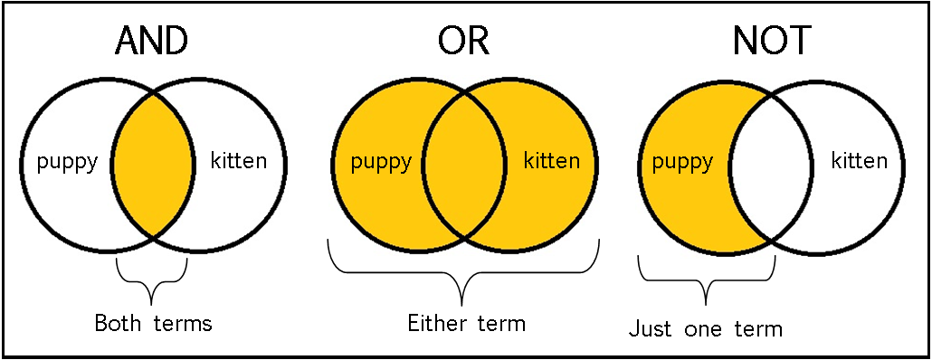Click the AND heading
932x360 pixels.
point(153,41)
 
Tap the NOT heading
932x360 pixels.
point(771,41)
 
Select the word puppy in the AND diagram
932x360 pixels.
point(66,163)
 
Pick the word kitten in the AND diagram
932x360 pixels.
point(238,162)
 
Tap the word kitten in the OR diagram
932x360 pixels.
point(552,162)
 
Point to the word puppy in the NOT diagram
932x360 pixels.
point(683,163)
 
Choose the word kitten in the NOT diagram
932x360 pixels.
point(860,162)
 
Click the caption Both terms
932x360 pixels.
point(153,323)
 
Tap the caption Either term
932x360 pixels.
point(466,322)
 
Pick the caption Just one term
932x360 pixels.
point(705,328)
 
